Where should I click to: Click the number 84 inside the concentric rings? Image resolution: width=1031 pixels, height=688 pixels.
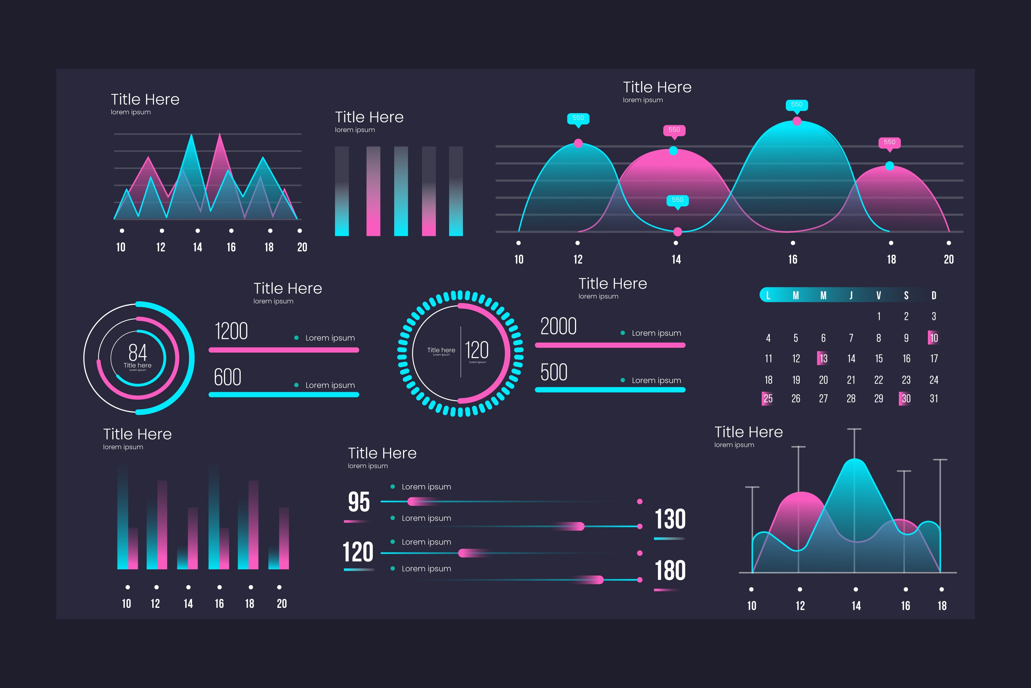(138, 352)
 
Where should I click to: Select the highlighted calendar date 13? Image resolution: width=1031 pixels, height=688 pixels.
(823, 358)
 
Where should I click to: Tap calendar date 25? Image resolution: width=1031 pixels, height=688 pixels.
(767, 398)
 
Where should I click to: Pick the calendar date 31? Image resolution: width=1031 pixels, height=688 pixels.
(934, 398)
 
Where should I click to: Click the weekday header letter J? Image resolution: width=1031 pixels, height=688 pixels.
(851, 295)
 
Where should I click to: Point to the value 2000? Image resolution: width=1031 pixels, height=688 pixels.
(558, 326)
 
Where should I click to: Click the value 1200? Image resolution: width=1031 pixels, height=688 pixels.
(231, 331)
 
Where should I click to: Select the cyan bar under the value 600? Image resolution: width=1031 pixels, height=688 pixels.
(284, 395)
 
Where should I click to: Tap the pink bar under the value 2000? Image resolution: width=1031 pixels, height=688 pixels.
(610, 345)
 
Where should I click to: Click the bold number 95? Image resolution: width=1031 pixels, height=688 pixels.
(358, 502)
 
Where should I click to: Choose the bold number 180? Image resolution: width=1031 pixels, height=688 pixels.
(670, 570)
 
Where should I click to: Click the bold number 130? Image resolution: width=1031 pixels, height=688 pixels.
(670, 519)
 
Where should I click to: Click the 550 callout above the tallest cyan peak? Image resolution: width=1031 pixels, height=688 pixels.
(797, 105)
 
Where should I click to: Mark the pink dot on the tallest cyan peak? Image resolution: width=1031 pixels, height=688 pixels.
(797, 121)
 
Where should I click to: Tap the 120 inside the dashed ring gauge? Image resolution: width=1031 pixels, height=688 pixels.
(476, 350)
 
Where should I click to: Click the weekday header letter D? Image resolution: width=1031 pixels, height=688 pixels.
(934, 295)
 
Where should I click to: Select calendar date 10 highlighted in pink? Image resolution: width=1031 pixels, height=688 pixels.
(934, 338)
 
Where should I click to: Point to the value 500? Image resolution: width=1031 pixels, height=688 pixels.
(554, 373)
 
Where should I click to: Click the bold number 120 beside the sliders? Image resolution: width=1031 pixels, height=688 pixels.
(358, 552)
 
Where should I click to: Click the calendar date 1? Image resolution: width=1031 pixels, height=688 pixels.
(879, 316)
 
